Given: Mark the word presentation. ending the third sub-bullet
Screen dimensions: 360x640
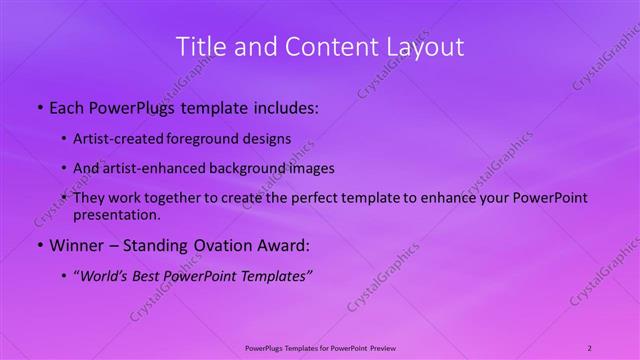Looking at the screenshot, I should click(x=116, y=215).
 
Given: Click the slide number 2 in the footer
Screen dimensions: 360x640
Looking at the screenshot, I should click(x=589, y=347).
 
